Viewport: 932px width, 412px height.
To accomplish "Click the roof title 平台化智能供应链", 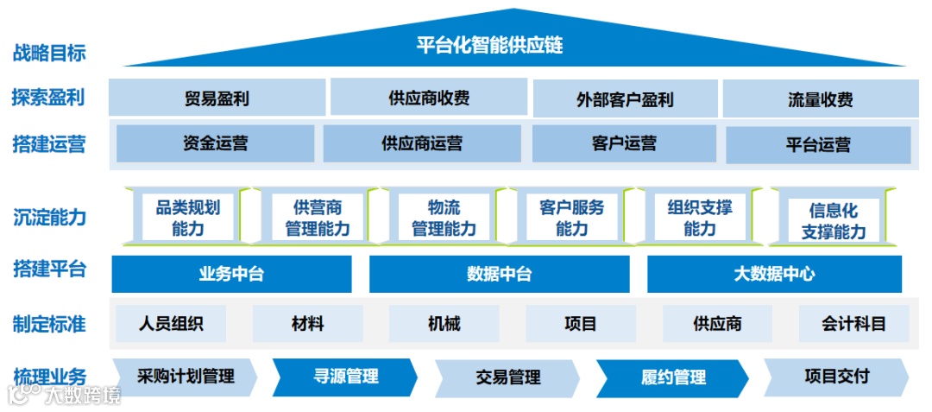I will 489,45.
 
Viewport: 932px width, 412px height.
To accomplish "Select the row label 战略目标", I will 49,53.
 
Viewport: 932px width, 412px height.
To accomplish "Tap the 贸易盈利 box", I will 217,98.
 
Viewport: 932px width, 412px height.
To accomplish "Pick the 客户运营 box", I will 624,143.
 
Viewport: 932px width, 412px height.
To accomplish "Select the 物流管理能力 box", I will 444,218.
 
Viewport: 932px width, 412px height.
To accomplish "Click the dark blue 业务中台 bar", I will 231,275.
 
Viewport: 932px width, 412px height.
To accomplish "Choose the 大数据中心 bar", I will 774,275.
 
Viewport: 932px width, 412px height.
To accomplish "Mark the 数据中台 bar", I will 500,275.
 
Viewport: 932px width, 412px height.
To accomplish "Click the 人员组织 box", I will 171,324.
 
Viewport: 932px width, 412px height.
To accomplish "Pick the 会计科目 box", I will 853,324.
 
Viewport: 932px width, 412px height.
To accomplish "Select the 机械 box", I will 444,324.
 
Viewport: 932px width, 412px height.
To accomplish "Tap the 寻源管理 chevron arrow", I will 345,377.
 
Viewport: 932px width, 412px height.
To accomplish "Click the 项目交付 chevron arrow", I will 835,377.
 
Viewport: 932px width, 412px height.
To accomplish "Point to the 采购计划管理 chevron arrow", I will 186,377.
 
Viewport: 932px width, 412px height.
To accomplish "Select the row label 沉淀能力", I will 49,217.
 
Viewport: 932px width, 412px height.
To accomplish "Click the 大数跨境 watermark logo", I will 65,396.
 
